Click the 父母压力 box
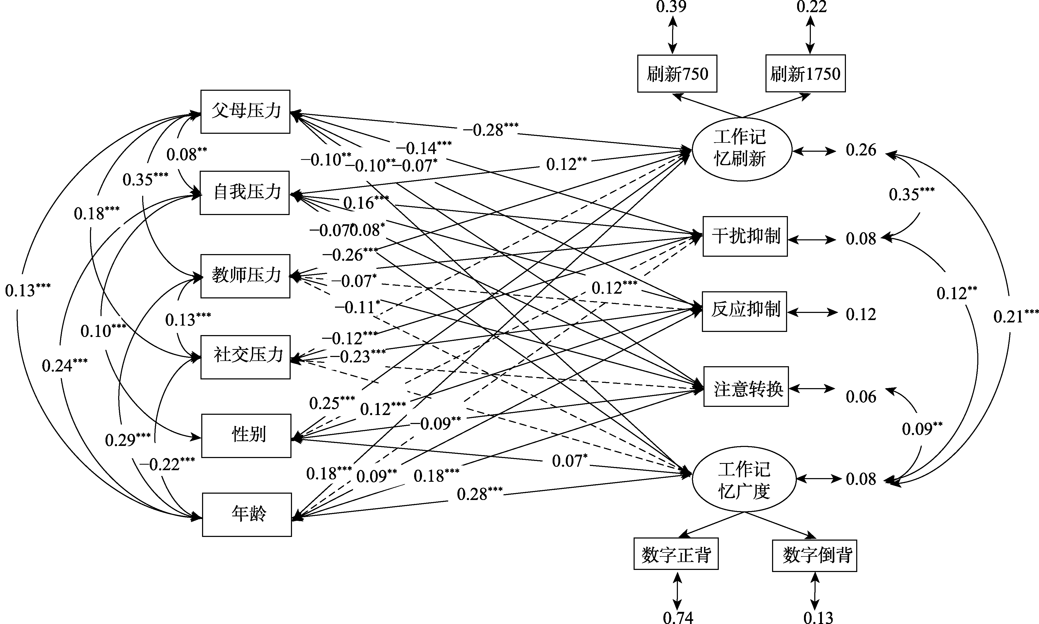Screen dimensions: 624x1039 [x=246, y=111]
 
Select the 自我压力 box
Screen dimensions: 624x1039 [x=245, y=193]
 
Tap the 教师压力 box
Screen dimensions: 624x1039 [x=246, y=276]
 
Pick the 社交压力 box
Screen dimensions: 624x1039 [x=246, y=357]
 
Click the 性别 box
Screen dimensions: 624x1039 [x=246, y=436]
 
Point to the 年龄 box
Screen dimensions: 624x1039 [x=247, y=514]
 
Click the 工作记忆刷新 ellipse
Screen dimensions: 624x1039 [x=741, y=149]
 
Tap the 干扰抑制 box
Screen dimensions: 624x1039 [x=745, y=236]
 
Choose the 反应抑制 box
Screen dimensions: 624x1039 [x=744, y=311]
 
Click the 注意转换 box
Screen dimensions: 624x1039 [x=746, y=387]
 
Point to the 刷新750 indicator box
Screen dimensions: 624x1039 [x=677, y=74]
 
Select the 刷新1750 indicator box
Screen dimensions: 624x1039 [x=805, y=74]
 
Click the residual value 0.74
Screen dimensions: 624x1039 [x=678, y=617]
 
